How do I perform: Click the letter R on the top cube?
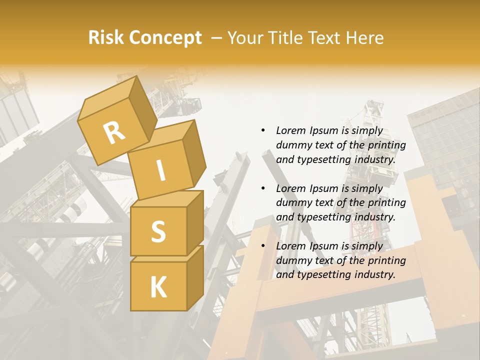[x=114, y=133]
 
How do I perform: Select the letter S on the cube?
[x=158, y=231]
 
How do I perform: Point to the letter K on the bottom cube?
[x=158, y=287]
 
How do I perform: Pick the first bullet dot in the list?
[x=263, y=131]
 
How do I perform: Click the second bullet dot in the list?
[x=263, y=188]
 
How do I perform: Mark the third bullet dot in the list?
[x=263, y=246]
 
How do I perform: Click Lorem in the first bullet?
[x=290, y=131]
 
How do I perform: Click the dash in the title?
[x=217, y=37]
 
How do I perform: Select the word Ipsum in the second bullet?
[x=324, y=188]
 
